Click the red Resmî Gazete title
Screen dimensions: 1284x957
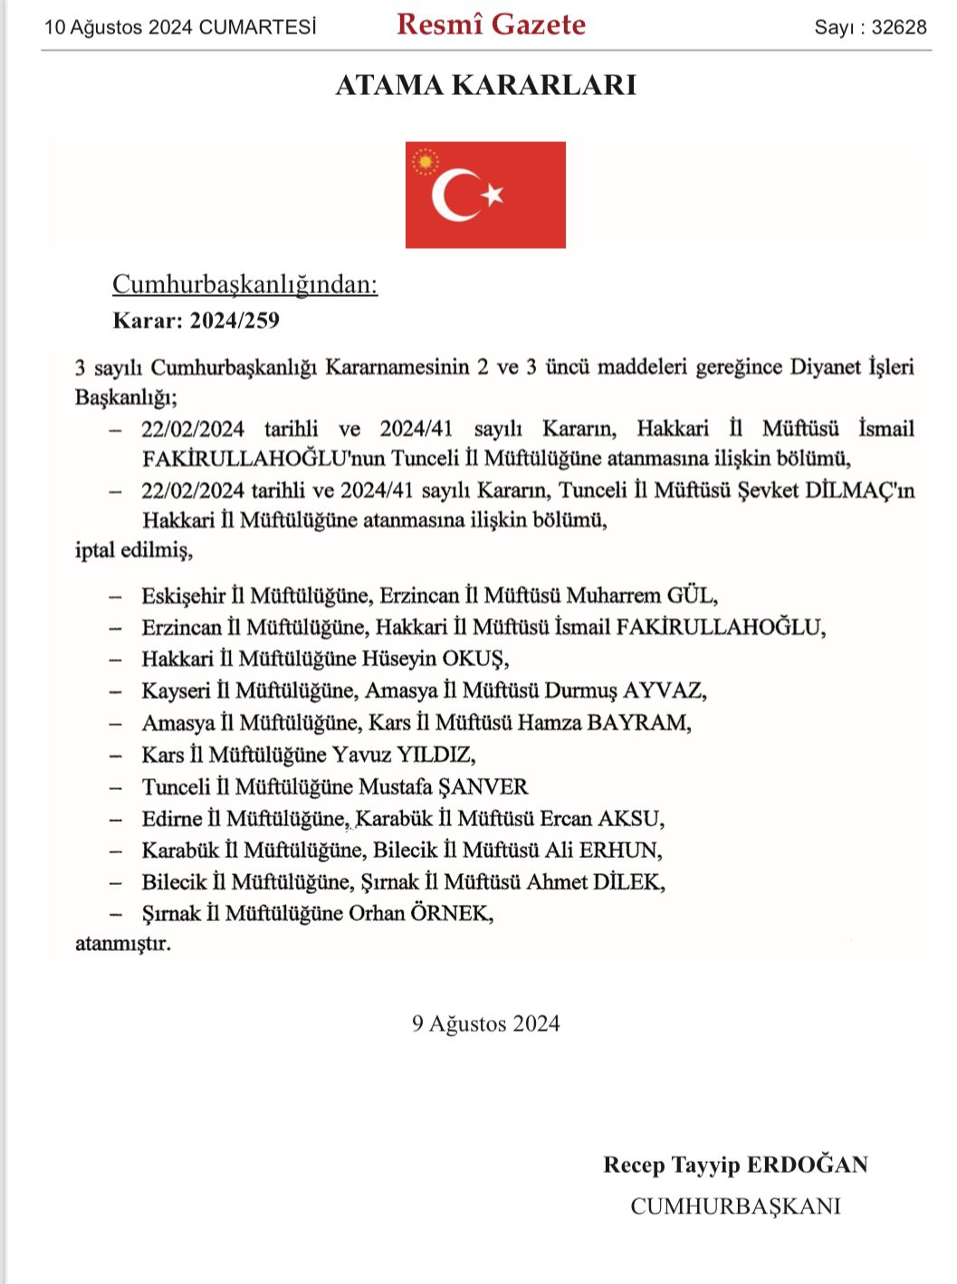click(491, 24)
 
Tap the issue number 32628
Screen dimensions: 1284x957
click(899, 27)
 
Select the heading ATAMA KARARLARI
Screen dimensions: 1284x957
click(486, 85)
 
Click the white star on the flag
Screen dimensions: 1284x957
click(493, 194)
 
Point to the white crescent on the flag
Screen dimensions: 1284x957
click(453, 195)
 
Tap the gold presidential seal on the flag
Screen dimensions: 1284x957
click(425, 163)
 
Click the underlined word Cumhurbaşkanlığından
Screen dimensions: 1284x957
click(244, 285)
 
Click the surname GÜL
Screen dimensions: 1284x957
click(691, 595)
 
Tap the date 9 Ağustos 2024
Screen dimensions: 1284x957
click(486, 1023)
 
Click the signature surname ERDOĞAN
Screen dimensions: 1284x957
click(804, 1165)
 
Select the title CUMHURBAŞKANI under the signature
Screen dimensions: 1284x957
click(735, 1206)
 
